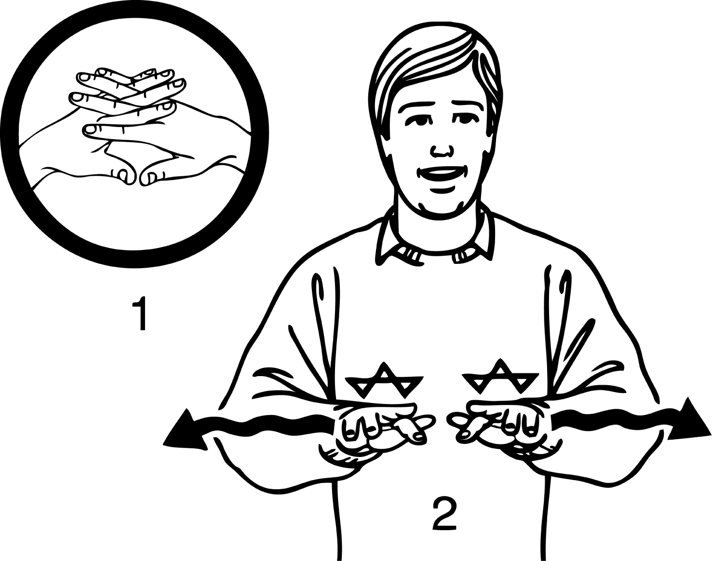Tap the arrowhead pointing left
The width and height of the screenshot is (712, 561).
point(184,431)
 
